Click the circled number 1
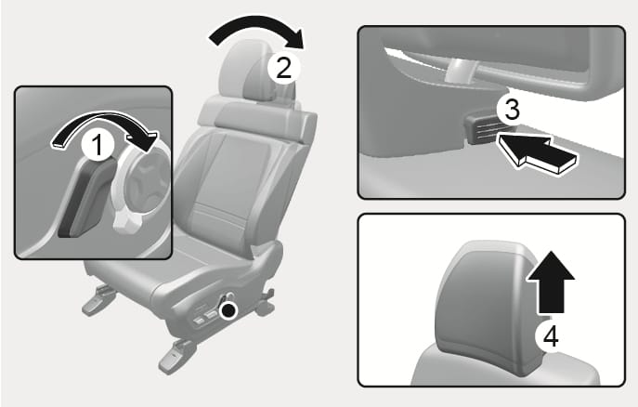tap(98, 145)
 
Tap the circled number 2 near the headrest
tap(283, 68)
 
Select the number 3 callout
tap(512, 110)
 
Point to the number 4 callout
tap(551, 337)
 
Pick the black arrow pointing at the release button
tap(536, 153)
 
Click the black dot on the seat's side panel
tap(228, 311)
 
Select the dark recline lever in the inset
tap(85, 199)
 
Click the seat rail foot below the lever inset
tap(98, 300)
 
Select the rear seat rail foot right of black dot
tap(265, 302)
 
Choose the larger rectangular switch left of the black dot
tap(211, 314)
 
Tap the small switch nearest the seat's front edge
tap(199, 321)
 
